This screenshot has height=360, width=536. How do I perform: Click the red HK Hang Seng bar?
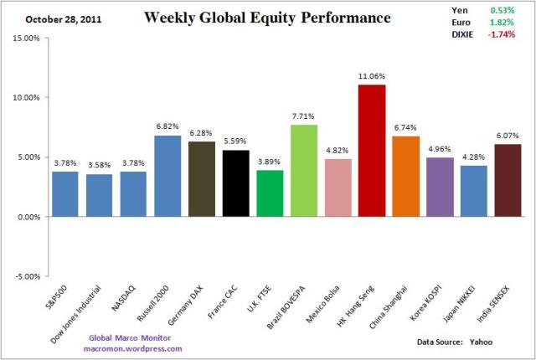click(372, 151)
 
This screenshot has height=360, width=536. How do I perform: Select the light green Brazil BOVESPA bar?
click(304, 171)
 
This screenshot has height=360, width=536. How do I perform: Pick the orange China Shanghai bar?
click(406, 177)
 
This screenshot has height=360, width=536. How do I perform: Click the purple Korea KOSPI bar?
click(440, 187)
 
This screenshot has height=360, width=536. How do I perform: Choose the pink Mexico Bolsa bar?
click(338, 188)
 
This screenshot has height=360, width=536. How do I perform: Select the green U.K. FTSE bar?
click(270, 193)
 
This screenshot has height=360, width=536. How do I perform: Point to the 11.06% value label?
click(372, 76)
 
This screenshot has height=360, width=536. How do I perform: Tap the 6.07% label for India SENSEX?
click(507, 136)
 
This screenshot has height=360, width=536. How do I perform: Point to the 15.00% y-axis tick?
click(28, 38)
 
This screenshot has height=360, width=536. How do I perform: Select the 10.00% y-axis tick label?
click(28, 97)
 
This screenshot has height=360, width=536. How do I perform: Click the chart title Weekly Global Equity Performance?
click(267, 17)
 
